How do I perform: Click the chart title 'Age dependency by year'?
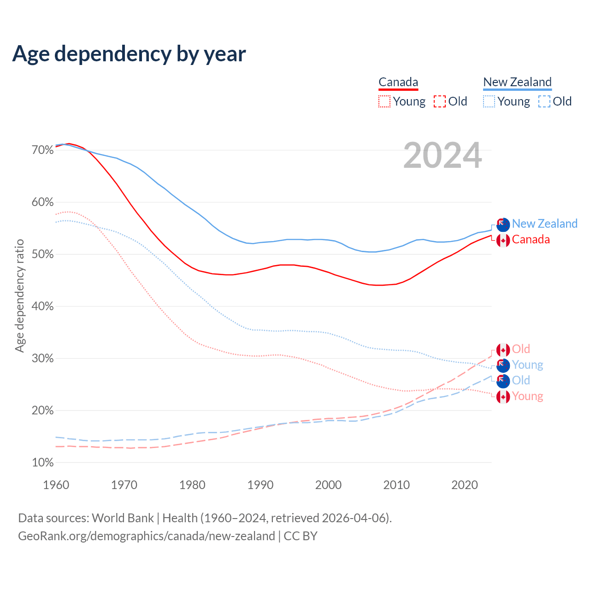[129, 54]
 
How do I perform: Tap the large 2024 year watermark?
[442, 156]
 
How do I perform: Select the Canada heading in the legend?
[398, 83]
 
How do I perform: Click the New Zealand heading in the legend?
[517, 83]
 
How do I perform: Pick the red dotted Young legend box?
[384, 101]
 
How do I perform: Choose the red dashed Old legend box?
[440, 101]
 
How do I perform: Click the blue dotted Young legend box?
[489, 101]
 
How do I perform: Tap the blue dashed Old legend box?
[544, 101]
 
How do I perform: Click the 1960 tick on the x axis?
[56, 485]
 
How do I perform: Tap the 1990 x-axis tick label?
[260, 485]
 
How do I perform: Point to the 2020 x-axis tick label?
[465, 485]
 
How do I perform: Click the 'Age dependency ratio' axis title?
[19, 295]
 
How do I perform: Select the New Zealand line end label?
[544, 224]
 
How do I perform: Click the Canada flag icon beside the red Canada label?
[503, 240]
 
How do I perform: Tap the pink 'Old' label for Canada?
[521, 349]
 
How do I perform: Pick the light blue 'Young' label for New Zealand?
[527, 365]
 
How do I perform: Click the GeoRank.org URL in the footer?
[147, 536]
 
